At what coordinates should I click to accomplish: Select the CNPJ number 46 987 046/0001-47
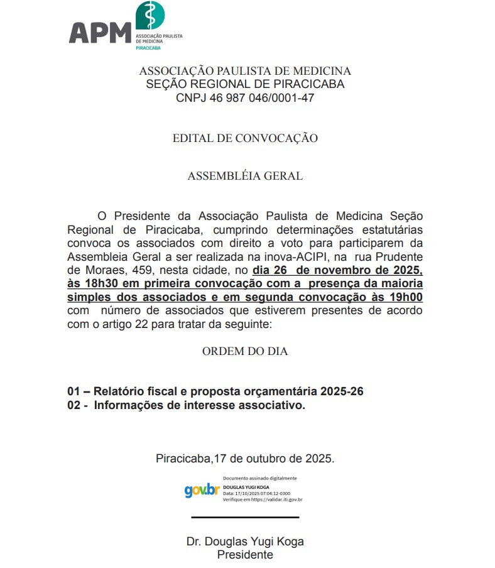point(264,98)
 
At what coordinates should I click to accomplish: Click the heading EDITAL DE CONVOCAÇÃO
point(245,138)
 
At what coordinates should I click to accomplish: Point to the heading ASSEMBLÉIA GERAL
point(245,176)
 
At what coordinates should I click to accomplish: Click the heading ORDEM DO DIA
point(245,351)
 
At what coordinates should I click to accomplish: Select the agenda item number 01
point(74,391)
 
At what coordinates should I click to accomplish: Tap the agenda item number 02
point(74,405)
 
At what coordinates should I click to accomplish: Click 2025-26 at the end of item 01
point(342,391)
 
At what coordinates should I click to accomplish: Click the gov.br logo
point(202,489)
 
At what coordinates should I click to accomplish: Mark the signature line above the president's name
point(245,517)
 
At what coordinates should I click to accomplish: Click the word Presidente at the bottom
point(245,555)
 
